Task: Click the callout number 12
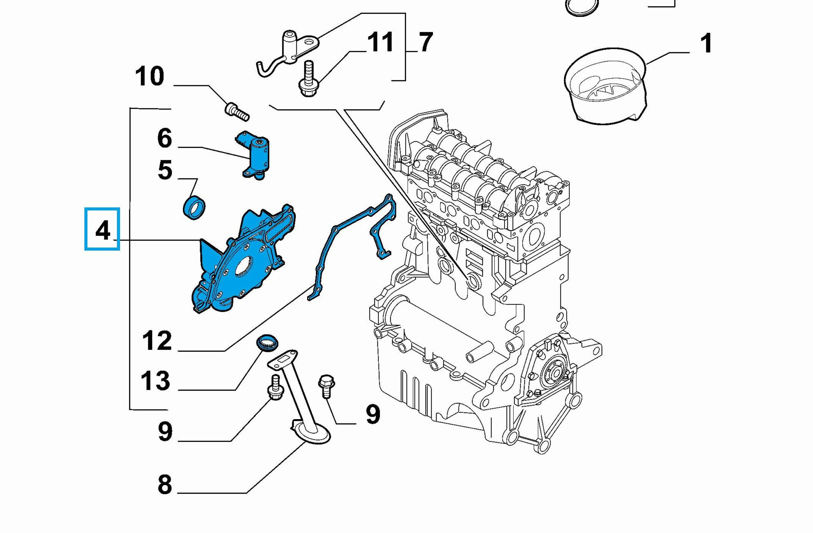pyautogui.click(x=157, y=340)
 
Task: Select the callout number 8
pyautogui.click(x=165, y=484)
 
